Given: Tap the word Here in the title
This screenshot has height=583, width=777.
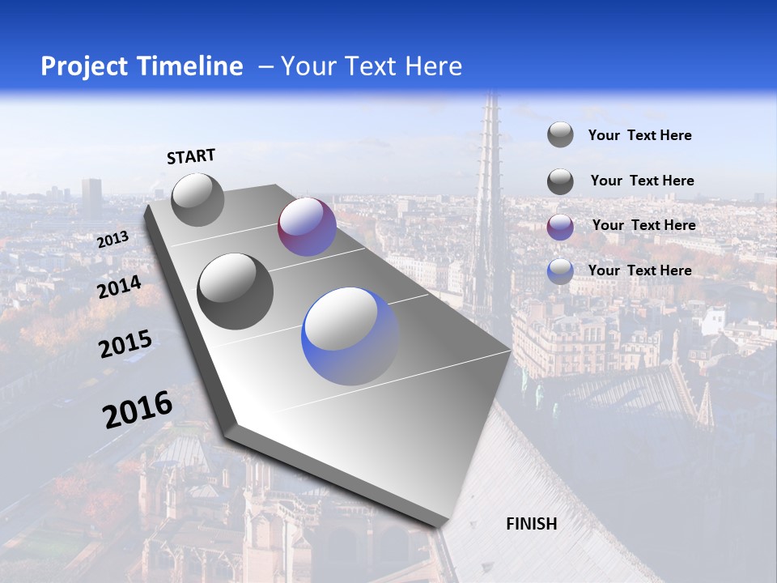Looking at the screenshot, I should [x=434, y=66].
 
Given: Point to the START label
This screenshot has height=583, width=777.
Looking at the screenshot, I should [x=191, y=156].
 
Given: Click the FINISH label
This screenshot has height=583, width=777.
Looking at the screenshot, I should [x=531, y=524].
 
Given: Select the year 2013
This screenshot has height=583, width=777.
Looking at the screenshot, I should [x=113, y=240].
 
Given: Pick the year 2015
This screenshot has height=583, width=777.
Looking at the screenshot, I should [x=125, y=344].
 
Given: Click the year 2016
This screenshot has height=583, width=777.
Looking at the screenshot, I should [x=138, y=410].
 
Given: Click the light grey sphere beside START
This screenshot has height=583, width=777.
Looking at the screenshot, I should [x=197, y=200].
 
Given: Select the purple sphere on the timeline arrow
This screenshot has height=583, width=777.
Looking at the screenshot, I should [x=307, y=227].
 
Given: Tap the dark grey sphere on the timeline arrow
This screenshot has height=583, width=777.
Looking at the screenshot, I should [x=236, y=291].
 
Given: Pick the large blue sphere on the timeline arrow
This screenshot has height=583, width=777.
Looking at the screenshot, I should [x=350, y=336].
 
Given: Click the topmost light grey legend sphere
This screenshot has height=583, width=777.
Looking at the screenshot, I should [x=560, y=135].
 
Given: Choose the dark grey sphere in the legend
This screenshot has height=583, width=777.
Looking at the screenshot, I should [x=560, y=181].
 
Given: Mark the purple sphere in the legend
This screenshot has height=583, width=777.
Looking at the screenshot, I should [x=560, y=227].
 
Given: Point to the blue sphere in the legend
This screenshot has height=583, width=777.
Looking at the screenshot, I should [x=560, y=271].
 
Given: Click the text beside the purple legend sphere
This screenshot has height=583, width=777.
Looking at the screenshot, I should [x=643, y=225].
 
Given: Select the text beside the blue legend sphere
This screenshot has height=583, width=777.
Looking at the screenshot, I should [x=639, y=270].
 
